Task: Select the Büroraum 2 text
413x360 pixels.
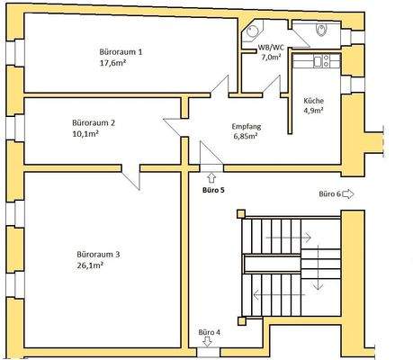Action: click(x=94, y=122)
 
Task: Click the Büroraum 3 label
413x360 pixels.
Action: click(x=99, y=255)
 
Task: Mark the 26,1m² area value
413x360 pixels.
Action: click(x=93, y=266)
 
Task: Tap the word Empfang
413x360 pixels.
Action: click(x=246, y=127)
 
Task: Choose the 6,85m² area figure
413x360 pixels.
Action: click(x=246, y=139)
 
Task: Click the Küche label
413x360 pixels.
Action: click(x=314, y=101)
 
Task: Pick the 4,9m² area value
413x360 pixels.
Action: click(x=314, y=112)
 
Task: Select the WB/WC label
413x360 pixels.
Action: click(x=271, y=46)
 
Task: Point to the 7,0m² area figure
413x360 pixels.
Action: click(x=271, y=57)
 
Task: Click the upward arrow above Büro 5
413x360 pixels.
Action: click(x=211, y=177)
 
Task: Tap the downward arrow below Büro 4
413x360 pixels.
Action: click(x=208, y=342)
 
